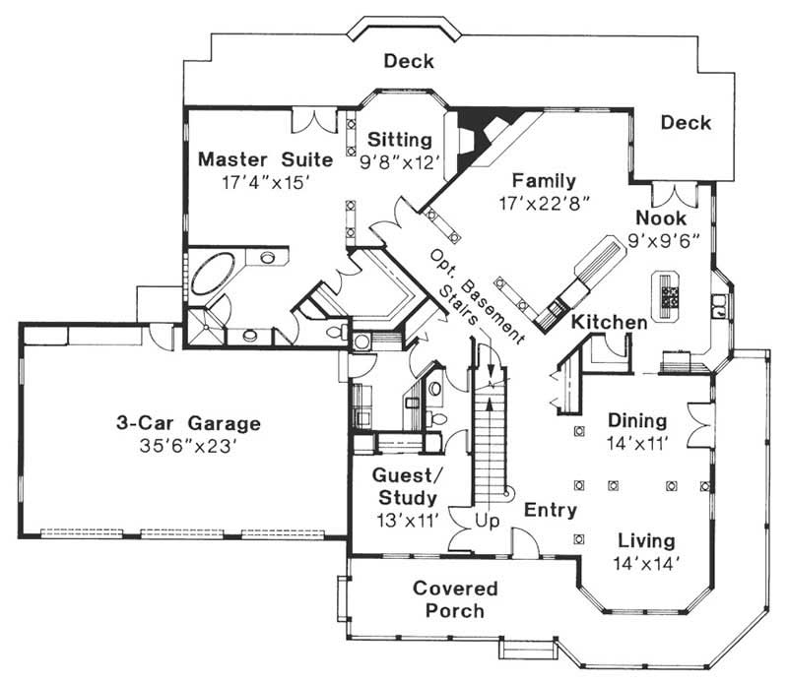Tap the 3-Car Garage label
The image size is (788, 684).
coord(186,424)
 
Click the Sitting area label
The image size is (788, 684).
coord(400,138)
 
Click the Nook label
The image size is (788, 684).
coord(660,218)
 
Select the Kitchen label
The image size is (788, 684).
coord(610,323)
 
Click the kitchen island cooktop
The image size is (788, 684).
coord(672,295)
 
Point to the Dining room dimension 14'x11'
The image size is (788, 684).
coord(637,443)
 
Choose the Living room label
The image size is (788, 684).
coord(646,541)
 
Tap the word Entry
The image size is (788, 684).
coord(550,510)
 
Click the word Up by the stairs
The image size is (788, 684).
coord(486,519)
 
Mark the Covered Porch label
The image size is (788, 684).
coord(455,599)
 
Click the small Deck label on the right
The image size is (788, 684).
coord(686,123)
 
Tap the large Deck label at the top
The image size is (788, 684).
coord(409,62)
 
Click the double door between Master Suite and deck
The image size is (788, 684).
coord(316,121)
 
